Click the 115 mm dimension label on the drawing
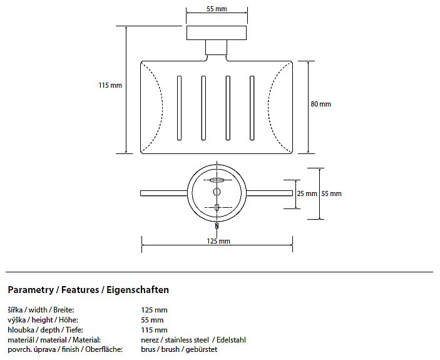click(x=110, y=85)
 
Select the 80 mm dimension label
click(x=320, y=104)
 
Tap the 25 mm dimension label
click(x=307, y=193)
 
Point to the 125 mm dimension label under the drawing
click(x=218, y=241)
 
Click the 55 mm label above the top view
click(x=217, y=9)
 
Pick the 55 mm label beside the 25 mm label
click(x=331, y=193)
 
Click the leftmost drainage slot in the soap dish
click(x=179, y=108)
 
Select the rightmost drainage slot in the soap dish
click(x=252, y=108)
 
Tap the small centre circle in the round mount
click(x=217, y=192)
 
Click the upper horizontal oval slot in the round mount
click(x=217, y=180)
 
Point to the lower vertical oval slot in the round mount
click(x=217, y=207)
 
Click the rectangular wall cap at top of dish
click(x=217, y=33)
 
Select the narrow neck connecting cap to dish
click(x=216, y=48)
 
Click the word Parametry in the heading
click(x=31, y=290)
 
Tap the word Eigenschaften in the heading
click(x=138, y=290)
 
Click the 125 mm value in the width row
click(x=154, y=310)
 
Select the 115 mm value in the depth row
click(x=154, y=330)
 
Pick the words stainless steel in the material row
click(x=187, y=340)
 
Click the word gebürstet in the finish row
click(x=202, y=349)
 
